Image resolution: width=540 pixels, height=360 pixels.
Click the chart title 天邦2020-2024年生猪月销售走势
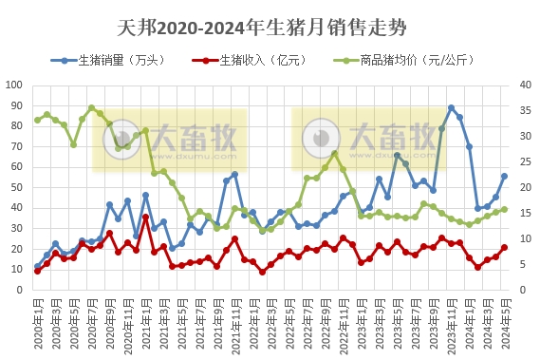point(270,22)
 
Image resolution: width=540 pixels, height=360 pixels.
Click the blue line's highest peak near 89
point(451,107)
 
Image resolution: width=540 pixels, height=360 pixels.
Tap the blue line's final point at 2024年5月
point(504,176)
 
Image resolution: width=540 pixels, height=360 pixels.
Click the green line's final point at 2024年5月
point(504,209)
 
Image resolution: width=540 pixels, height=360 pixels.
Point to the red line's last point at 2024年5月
point(504,247)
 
